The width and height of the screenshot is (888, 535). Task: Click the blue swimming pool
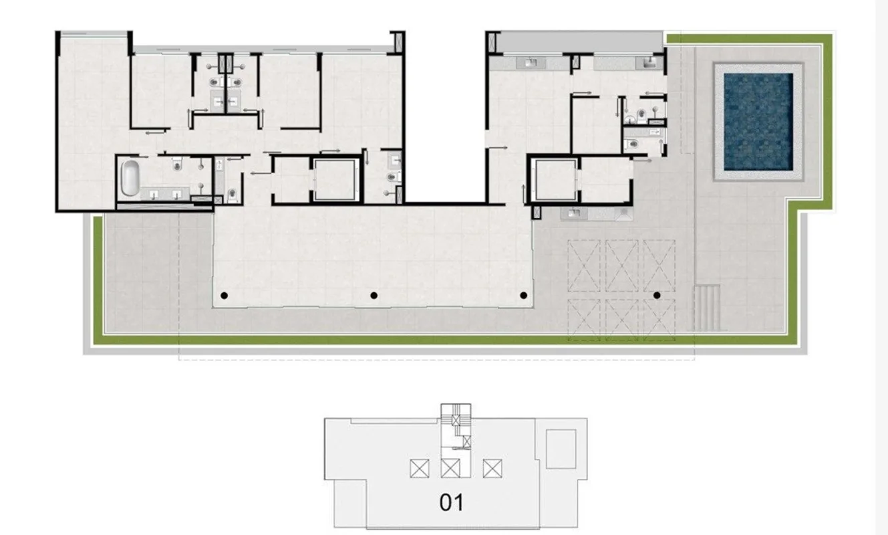(x=758, y=122)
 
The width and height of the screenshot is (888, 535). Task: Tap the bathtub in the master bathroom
(x=130, y=178)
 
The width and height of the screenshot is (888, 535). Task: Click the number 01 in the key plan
(x=452, y=503)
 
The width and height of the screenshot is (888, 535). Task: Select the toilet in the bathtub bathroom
(x=177, y=163)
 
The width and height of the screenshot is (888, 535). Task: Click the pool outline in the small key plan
(x=561, y=449)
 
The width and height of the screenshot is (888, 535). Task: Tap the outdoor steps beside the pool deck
(x=707, y=308)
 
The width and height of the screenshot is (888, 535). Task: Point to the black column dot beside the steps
(x=657, y=296)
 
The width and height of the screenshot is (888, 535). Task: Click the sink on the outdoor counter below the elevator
(x=574, y=213)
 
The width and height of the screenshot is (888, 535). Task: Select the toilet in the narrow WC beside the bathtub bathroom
(x=232, y=193)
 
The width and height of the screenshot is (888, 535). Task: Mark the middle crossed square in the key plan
(x=450, y=468)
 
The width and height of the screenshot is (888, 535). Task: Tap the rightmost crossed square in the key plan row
(x=492, y=468)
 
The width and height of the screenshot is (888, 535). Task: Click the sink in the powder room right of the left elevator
(x=396, y=160)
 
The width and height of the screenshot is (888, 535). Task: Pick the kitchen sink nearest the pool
(x=647, y=62)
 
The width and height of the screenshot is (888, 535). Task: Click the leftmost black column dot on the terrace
(x=224, y=296)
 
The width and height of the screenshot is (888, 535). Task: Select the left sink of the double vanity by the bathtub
(x=154, y=194)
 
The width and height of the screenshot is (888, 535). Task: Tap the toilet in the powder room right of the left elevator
(x=392, y=177)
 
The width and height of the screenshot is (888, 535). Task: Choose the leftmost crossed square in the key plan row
(x=420, y=468)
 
